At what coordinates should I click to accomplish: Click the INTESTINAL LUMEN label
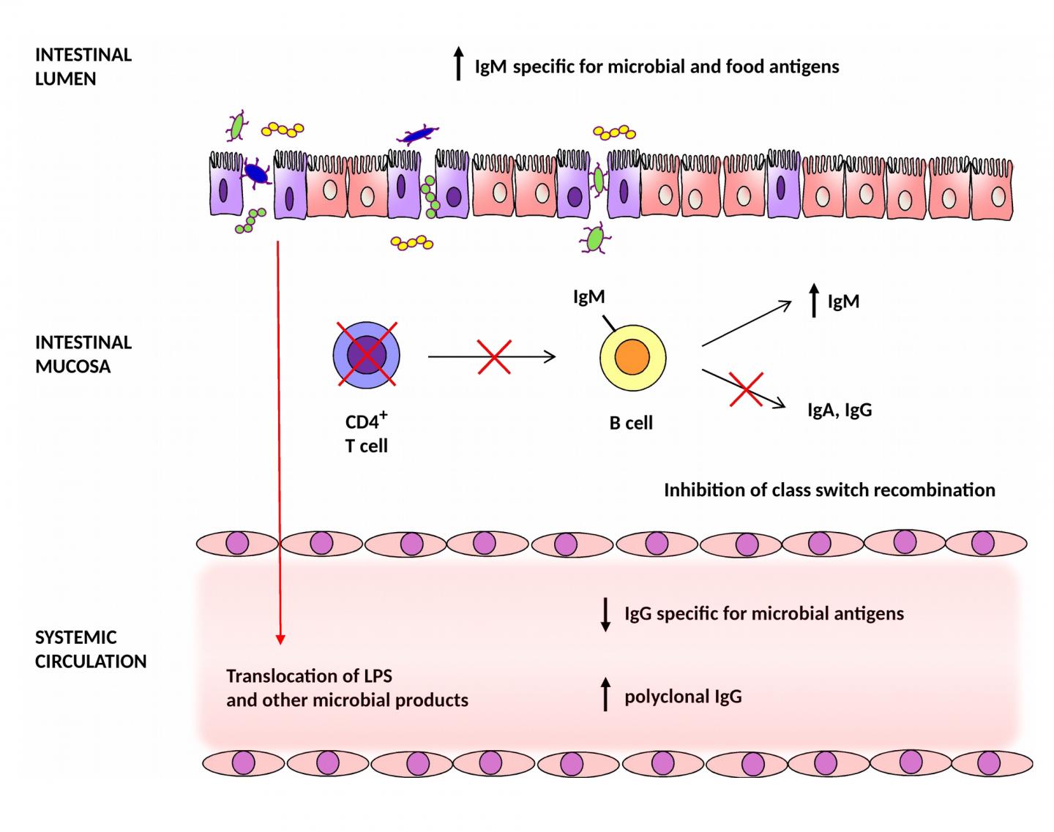point(83,67)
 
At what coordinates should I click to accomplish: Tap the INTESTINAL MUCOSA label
point(83,354)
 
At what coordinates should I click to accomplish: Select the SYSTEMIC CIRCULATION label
point(90,649)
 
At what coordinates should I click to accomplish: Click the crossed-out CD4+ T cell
point(366,355)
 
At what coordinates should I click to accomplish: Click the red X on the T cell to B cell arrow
point(494,356)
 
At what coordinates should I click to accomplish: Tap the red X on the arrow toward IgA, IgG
point(747,389)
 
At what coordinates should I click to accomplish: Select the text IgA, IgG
point(839,410)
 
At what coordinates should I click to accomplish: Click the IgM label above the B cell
point(588,297)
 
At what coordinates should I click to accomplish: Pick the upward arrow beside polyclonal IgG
point(605,694)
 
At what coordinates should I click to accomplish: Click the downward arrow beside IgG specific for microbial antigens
point(605,614)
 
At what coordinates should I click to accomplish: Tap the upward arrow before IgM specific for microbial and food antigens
point(458,64)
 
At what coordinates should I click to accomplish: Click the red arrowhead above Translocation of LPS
point(280,638)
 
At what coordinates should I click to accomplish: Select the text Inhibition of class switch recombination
point(829,490)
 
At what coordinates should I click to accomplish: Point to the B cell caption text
point(631,423)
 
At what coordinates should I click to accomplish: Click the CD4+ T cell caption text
point(366,434)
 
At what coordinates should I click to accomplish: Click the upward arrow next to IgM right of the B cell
point(814,301)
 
